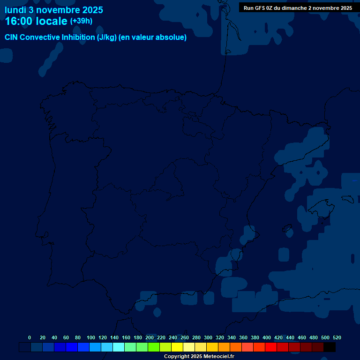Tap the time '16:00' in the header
(21, 21)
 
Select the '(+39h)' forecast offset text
(81, 21)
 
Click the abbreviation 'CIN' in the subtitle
(12, 37)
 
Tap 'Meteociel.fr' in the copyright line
(217, 356)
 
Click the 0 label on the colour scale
(30, 337)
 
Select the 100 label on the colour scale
(90, 337)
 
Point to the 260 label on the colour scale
(184, 337)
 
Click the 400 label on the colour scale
(266, 337)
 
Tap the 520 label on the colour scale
(337, 337)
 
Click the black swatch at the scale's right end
(330, 347)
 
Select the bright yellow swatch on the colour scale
(177, 347)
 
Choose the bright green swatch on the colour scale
(154, 347)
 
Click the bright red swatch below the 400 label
(271, 347)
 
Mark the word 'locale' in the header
(52, 21)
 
